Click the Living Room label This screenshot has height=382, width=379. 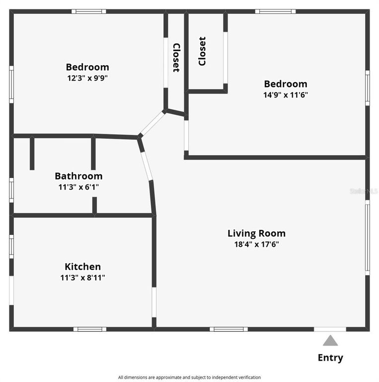(256, 233)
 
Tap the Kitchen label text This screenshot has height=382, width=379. (82, 267)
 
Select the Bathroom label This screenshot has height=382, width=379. (78, 176)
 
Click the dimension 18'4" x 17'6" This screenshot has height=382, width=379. (256, 244)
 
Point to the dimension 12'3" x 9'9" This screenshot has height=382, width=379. (87, 78)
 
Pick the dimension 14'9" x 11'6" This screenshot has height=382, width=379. (285, 95)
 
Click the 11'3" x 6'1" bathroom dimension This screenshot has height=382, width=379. (78, 188)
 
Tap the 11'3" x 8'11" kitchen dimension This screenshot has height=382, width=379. (82, 278)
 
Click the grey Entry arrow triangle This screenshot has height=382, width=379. (330, 341)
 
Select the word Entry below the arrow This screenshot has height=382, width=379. (330, 358)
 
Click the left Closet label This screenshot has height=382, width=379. (176, 58)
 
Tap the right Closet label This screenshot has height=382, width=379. (202, 51)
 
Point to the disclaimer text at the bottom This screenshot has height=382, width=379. (189, 378)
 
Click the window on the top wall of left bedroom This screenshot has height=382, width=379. (88, 11)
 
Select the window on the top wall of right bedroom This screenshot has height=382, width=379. (275, 11)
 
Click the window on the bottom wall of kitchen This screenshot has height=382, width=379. (90, 329)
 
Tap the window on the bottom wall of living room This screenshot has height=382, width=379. (228, 329)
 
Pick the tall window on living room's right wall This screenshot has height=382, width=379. (367, 237)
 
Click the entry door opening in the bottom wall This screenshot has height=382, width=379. (330, 329)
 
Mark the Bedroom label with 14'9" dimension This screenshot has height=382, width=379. (285, 84)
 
